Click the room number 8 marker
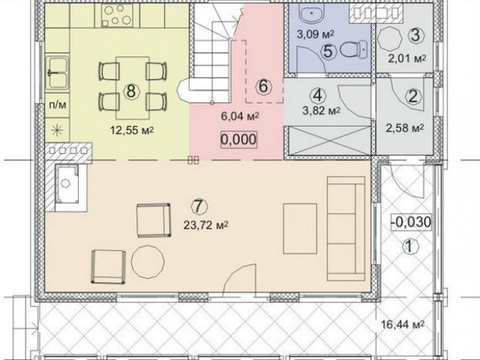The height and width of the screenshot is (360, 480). pos(131,91)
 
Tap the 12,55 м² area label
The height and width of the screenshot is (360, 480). pos(132,130)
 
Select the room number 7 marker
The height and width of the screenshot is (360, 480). pos(199,206)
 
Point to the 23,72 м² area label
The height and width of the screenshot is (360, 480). pos(206,225)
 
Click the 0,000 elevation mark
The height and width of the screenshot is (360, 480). pos(238,140)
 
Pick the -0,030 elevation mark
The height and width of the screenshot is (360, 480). pos(411,222)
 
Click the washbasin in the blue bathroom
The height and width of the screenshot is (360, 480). pos(312,13)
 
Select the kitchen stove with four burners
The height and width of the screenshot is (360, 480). pos(117,15)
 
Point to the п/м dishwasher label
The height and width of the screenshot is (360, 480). pos(58,105)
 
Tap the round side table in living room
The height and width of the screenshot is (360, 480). pos(148,262)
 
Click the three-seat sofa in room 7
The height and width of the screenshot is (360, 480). pos(346,228)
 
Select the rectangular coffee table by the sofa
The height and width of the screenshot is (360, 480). pos(300,229)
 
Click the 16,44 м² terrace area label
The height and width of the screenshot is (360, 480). pos(403,324)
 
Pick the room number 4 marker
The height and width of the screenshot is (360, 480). pos(318,95)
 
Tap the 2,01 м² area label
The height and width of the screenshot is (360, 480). pos(407,58)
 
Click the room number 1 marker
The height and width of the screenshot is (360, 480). pos(410,246)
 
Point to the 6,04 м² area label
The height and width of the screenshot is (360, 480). pos(240,116)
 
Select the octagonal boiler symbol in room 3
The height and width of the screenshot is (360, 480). pos(389,39)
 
